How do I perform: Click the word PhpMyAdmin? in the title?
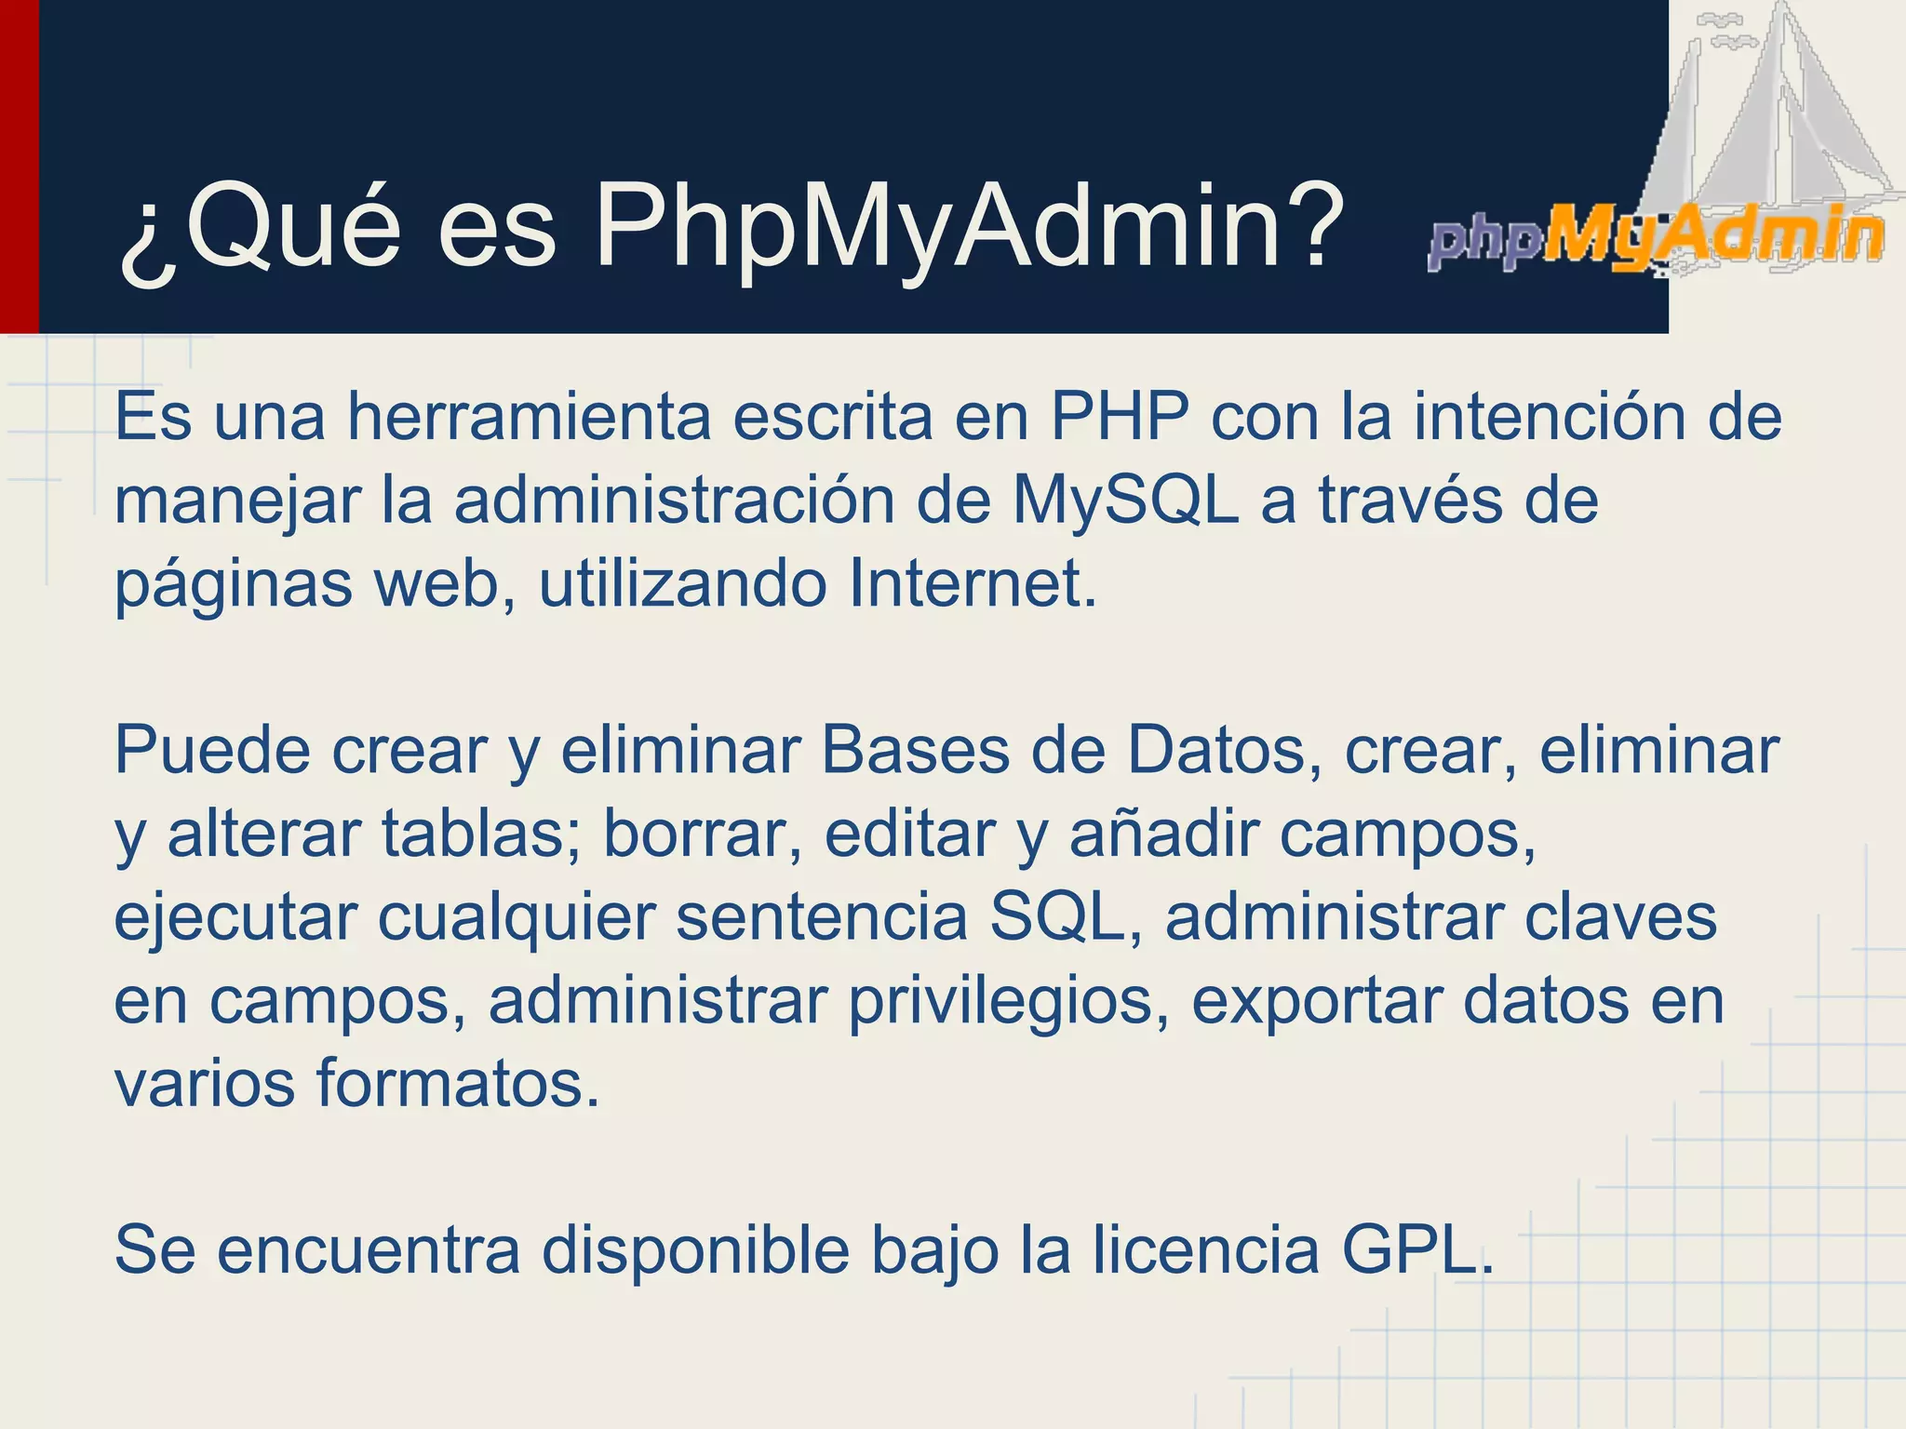click(x=969, y=228)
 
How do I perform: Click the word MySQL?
click(x=1126, y=501)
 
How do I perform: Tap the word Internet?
click(x=973, y=583)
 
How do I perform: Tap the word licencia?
click(x=1206, y=1250)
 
